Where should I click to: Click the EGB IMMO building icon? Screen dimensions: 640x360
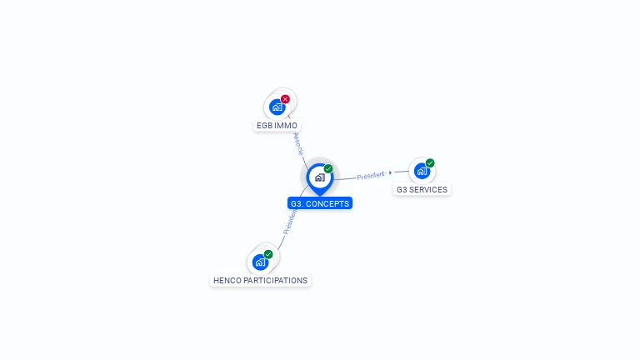click(x=277, y=107)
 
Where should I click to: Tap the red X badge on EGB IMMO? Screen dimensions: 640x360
click(x=285, y=99)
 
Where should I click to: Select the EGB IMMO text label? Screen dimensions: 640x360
click(x=277, y=126)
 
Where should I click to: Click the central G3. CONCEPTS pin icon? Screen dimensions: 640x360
click(x=319, y=177)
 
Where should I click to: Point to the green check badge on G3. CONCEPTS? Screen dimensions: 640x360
click(x=328, y=169)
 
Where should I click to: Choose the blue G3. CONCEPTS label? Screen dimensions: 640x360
click(x=320, y=203)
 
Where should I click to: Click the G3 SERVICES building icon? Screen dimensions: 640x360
click(x=422, y=172)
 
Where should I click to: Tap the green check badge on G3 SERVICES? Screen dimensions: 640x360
click(x=430, y=163)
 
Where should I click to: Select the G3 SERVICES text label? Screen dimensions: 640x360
click(x=422, y=190)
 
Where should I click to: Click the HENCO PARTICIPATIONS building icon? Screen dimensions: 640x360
click(x=260, y=262)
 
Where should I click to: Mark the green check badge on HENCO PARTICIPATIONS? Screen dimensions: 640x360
click(x=268, y=254)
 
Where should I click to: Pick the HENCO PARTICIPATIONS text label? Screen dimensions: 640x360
click(x=260, y=281)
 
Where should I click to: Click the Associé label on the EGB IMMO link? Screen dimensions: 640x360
click(x=297, y=143)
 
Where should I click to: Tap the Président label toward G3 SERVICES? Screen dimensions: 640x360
click(x=371, y=176)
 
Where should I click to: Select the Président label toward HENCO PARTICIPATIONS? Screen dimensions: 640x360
click(x=289, y=221)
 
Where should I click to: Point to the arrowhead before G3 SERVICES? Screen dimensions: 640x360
click(x=390, y=173)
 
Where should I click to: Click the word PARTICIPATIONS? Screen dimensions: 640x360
click(x=276, y=281)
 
